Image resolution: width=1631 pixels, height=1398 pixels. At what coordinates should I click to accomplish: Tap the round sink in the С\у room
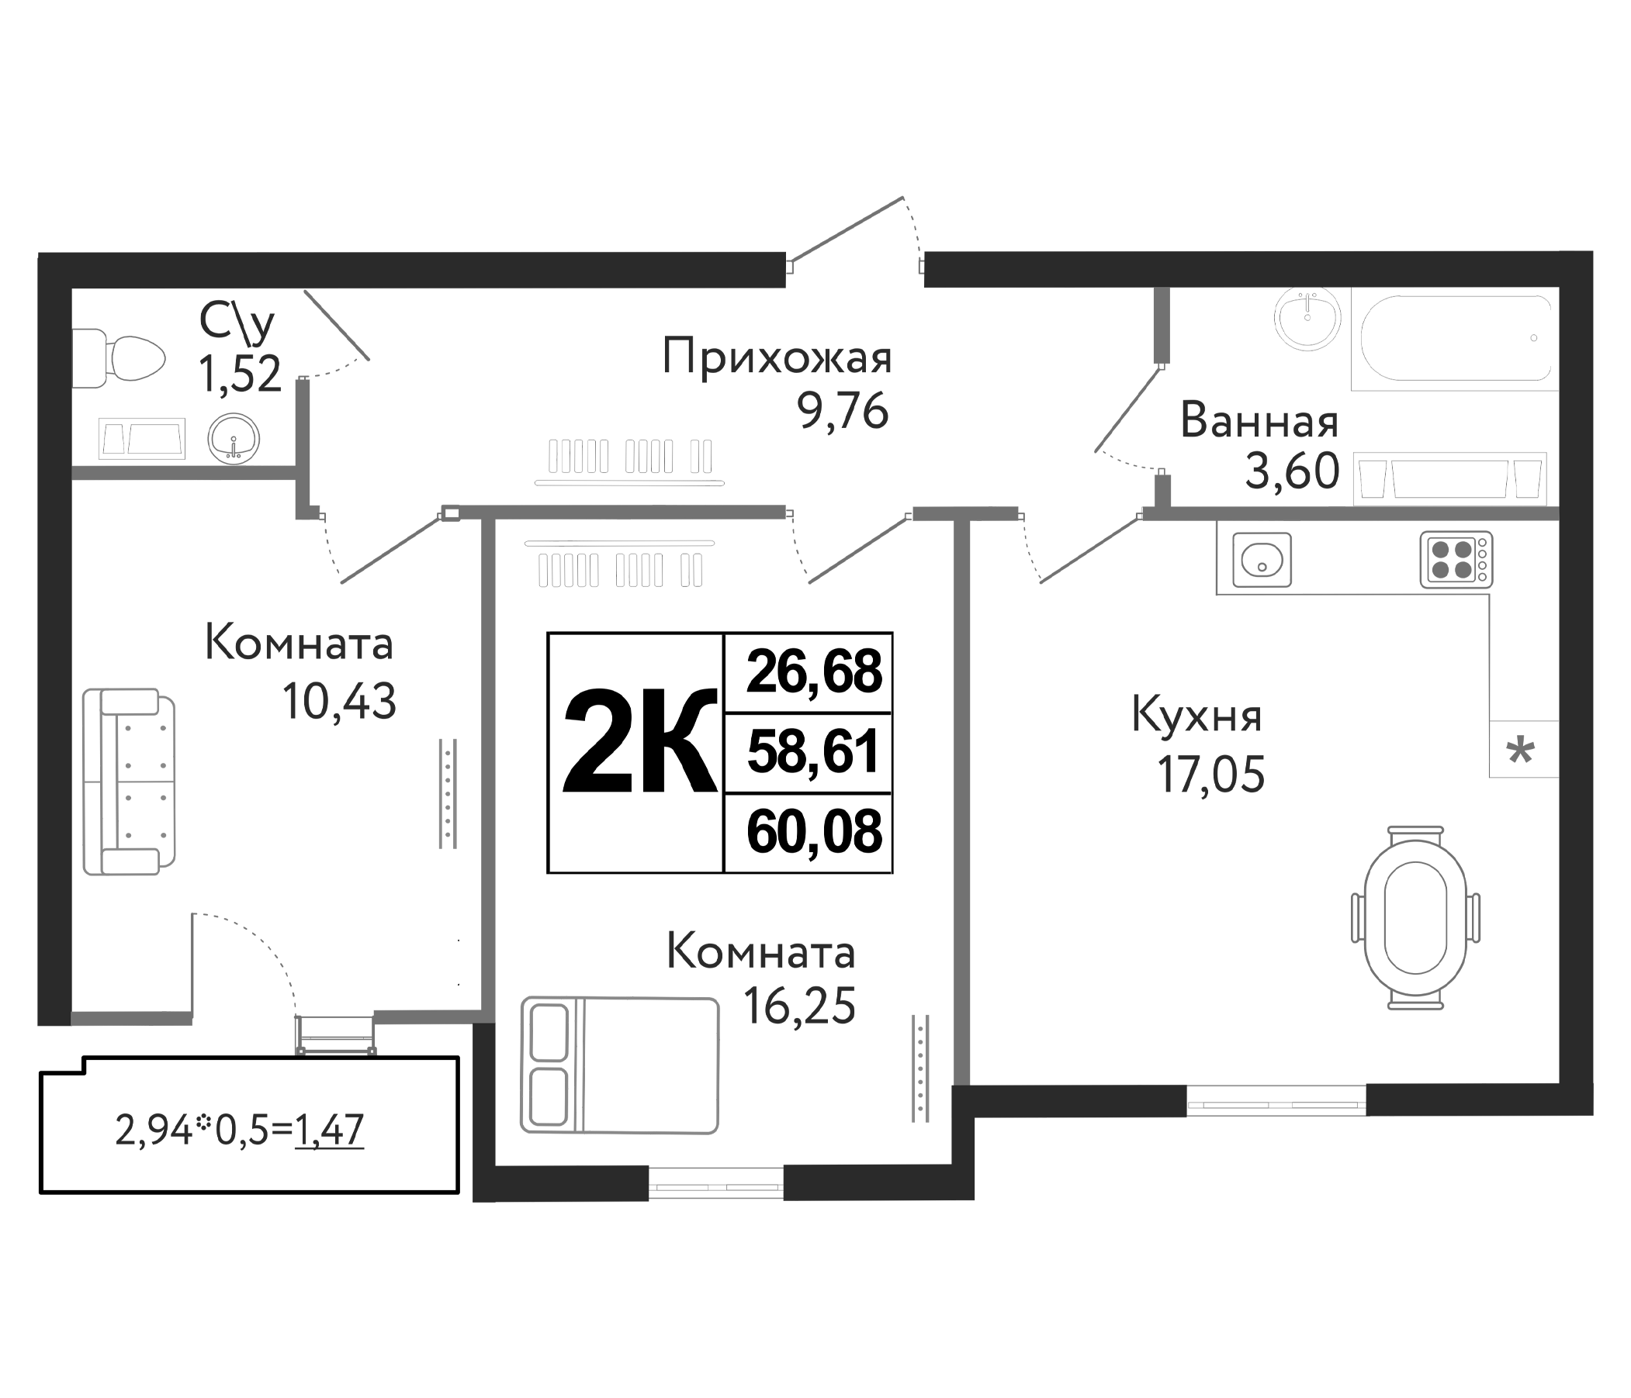click(x=234, y=439)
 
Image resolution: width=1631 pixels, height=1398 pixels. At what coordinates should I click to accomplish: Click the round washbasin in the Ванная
click(x=1307, y=318)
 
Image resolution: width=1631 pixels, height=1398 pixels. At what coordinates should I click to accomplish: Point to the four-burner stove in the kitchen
click(x=1456, y=559)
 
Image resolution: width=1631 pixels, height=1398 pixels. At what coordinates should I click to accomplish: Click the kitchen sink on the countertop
click(x=1262, y=559)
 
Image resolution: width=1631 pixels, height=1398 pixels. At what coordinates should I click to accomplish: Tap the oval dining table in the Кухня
click(x=1415, y=916)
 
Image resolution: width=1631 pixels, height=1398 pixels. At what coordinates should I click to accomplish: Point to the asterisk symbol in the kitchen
click(x=1520, y=751)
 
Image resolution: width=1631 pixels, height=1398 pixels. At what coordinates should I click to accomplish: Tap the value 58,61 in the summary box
click(x=813, y=751)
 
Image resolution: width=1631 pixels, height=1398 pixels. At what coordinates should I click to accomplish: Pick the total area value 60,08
click(x=814, y=831)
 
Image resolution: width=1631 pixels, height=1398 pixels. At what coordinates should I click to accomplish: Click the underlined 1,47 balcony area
click(x=329, y=1130)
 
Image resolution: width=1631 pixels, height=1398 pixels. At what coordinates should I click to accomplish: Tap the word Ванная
click(x=1259, y=422)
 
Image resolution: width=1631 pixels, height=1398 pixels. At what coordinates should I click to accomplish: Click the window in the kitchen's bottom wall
click(x=1276, y=1100)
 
